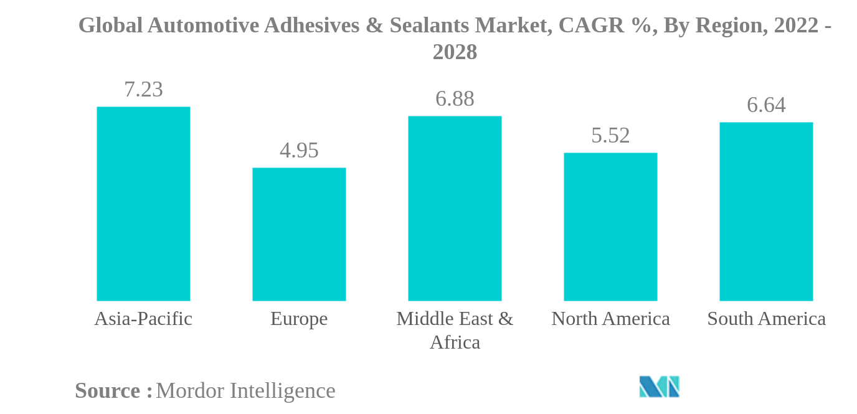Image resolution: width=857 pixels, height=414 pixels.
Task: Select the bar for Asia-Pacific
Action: pyautogui.click(x=143, y=204)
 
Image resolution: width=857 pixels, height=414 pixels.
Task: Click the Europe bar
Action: pyautogui.click(x=299, y=234)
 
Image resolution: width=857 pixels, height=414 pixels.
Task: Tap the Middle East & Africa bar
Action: pyautogui.click(x=455, y=209)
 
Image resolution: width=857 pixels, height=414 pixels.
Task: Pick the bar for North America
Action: pyautogui.click(x=610, y=227)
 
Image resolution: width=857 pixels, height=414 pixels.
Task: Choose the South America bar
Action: pyautogui.click(x=766, y=212)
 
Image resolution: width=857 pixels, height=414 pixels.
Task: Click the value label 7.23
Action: pyautogui.click(x=143, y=90)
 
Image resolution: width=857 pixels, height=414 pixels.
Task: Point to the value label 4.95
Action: pyautogui.click(x=299, y=151)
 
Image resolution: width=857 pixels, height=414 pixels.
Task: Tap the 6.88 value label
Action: pyautogui.click(x=455, y=99)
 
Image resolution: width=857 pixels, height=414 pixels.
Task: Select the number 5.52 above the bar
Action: pyautogui.click(x=610, y=136)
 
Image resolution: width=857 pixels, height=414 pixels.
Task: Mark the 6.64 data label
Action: pyautogui.click(x=766, y=105)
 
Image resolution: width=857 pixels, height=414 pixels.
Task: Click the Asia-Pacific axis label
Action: pyautogui.click(x=143, y=319)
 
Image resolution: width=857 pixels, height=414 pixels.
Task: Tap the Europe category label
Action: pyautogui.click(x=299, y=319)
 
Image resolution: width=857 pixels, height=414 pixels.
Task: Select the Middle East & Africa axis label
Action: pyautogui.click(x=455, y=330)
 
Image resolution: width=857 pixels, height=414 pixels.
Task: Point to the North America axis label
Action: pyautogui.click(x=610, y=319)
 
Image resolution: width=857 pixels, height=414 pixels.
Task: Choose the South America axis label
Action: pyautogui.click(x=766, y=319)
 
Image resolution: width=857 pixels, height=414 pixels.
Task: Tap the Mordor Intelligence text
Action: pyautogui.click(x=245, y=391)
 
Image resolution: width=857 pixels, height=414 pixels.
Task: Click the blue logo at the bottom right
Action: pyautogui.click(x=659, y=387)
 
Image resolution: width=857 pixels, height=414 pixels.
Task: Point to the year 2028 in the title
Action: pyautogui.click(x=455, y=52)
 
